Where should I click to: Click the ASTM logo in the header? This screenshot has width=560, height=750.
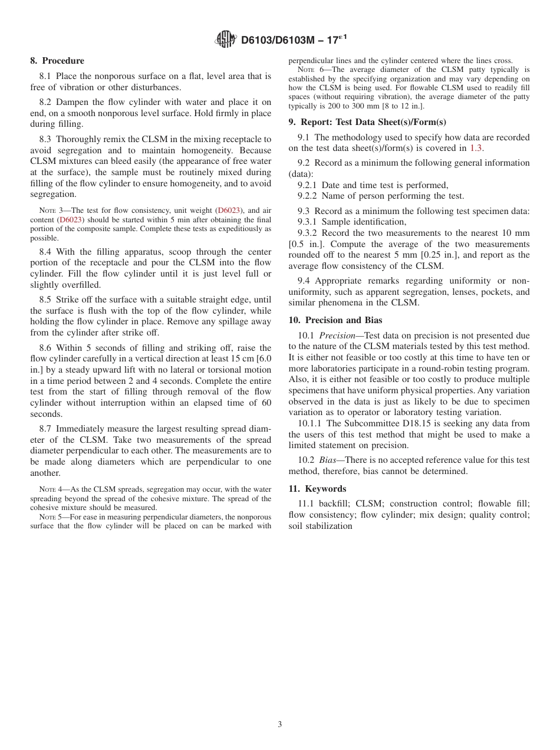(226, 40)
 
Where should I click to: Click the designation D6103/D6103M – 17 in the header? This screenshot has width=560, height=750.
(289, 40)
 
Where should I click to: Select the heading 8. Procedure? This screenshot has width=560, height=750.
(57, 61)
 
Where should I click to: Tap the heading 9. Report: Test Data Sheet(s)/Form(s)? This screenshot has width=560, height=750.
(367, 122)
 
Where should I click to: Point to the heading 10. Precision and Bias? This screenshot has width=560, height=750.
(335, 320)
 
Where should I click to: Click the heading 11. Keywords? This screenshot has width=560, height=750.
(317, 489)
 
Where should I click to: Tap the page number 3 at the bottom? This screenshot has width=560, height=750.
(280, 725)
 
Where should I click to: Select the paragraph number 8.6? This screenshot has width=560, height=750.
(47, 348)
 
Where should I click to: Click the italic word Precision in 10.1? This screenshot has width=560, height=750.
(337, 335)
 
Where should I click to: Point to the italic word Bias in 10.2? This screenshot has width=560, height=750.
(327, 460)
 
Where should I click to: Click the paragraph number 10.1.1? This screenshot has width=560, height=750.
(309, 423)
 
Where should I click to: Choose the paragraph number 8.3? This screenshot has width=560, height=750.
(47, 139)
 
